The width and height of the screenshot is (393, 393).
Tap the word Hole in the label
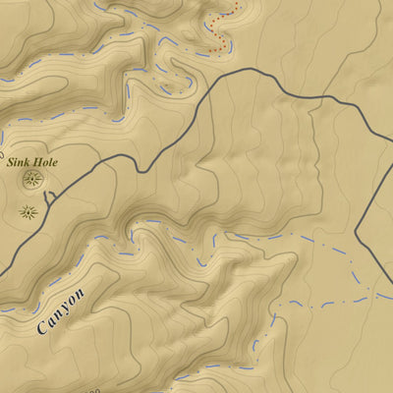pyautogui.click(x=44, y=161)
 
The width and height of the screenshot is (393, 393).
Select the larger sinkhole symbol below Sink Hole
pyautogui.click(x=33, y=179)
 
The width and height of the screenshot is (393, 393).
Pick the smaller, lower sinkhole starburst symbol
pyautogui.click(x=27, y=208)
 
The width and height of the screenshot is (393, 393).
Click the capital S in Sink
pyautogui.click(x=11, y=161)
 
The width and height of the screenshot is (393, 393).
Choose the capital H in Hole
pyautogui.click(x=37, y=161)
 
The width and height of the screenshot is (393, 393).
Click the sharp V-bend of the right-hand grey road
pyautogui.click(x=356, y=236)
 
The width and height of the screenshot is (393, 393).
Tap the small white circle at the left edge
pyautogui.click(x=1, y=154)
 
